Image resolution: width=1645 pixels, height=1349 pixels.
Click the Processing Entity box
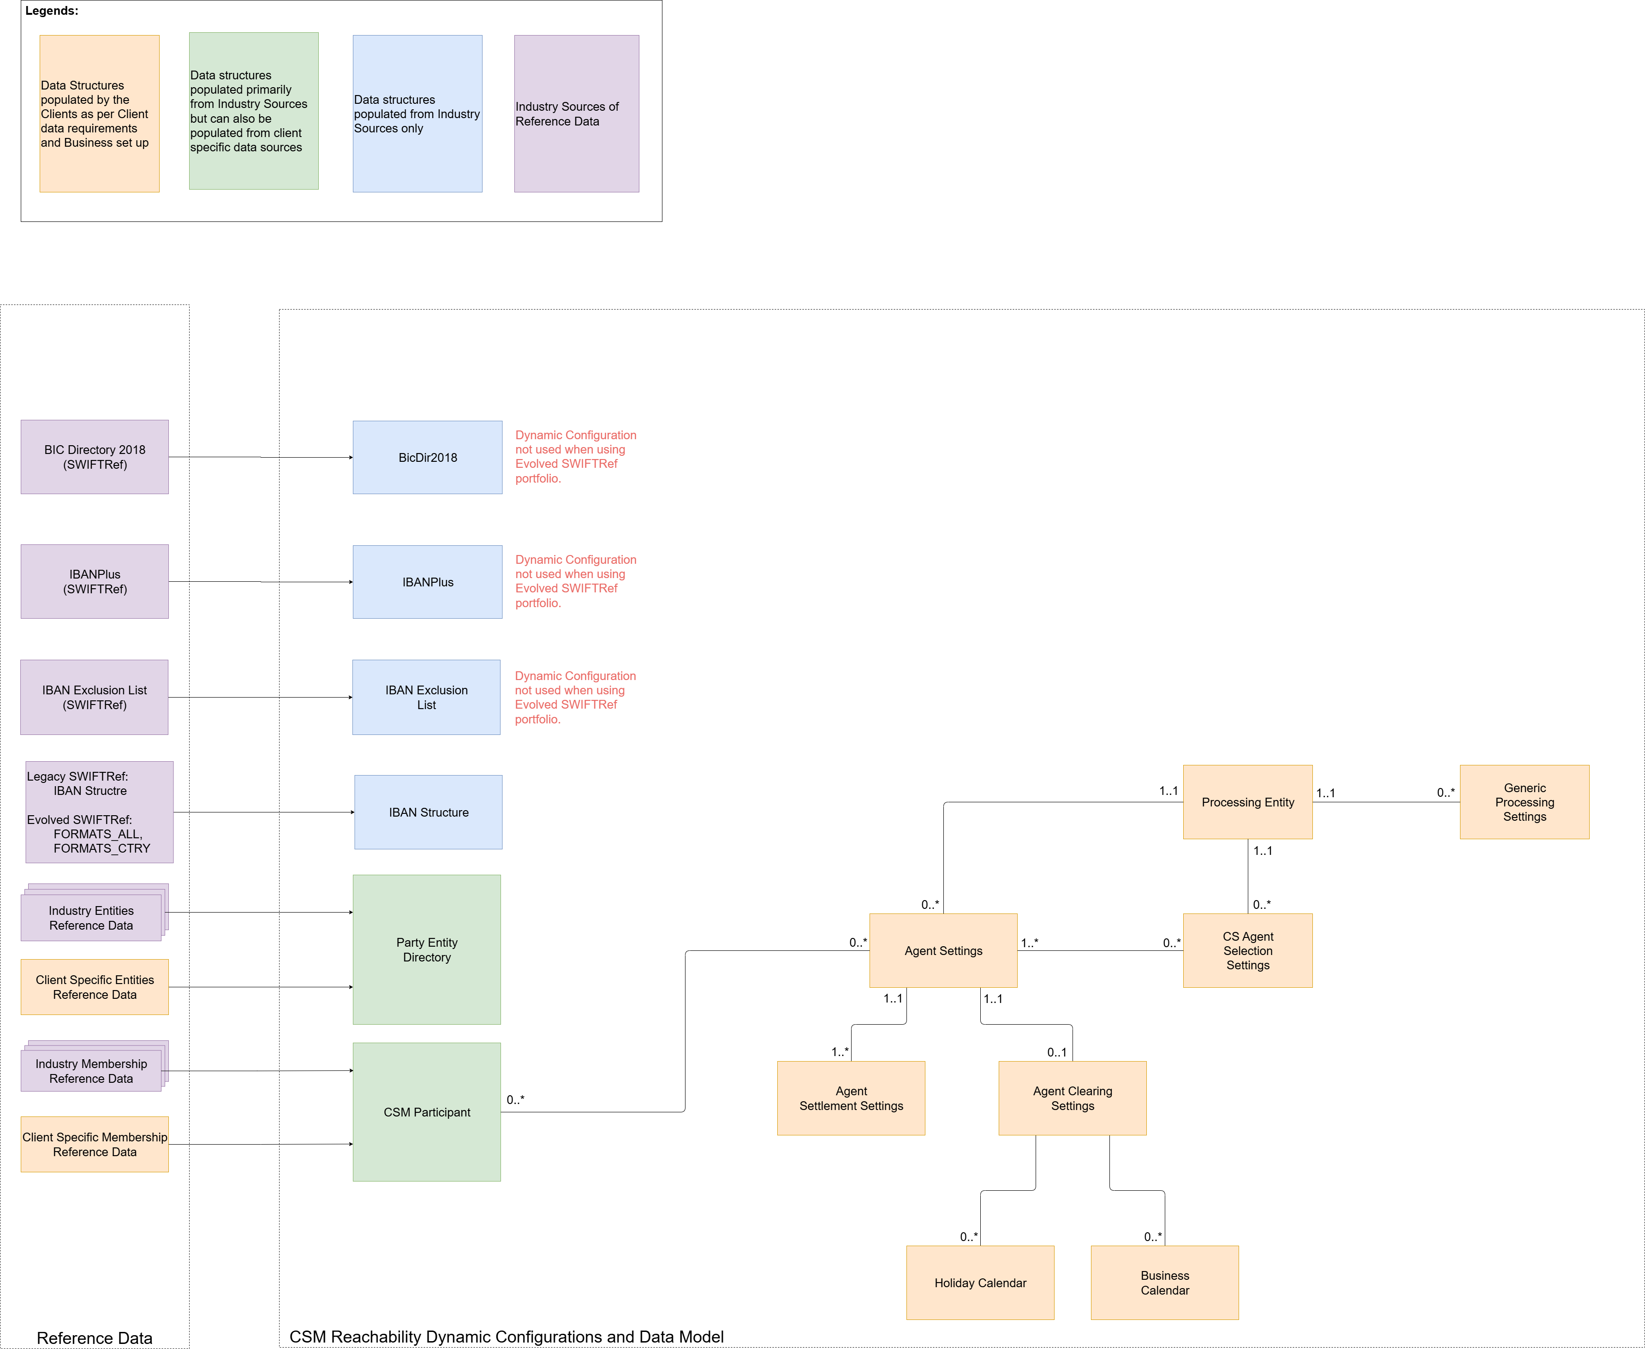(1247, 802)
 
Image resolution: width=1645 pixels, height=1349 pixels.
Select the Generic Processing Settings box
(1524, 802)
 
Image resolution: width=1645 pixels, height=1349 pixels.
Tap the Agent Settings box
(942, 950)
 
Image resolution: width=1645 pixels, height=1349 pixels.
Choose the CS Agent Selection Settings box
(1247, 950)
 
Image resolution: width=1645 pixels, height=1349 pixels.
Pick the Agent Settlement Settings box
(851, 1098)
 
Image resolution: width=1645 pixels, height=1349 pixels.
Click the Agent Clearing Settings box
(1072, 1098)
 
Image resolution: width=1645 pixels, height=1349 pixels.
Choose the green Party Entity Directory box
(427, 949)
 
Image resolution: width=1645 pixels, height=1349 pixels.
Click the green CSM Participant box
(427, 1112)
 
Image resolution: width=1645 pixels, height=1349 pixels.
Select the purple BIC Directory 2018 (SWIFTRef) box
(95, 457)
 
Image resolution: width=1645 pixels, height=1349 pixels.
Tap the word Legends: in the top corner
(51, 11)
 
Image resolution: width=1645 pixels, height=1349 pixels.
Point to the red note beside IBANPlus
(575, 581)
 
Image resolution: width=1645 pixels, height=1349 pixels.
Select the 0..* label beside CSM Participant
(515, 1099)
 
